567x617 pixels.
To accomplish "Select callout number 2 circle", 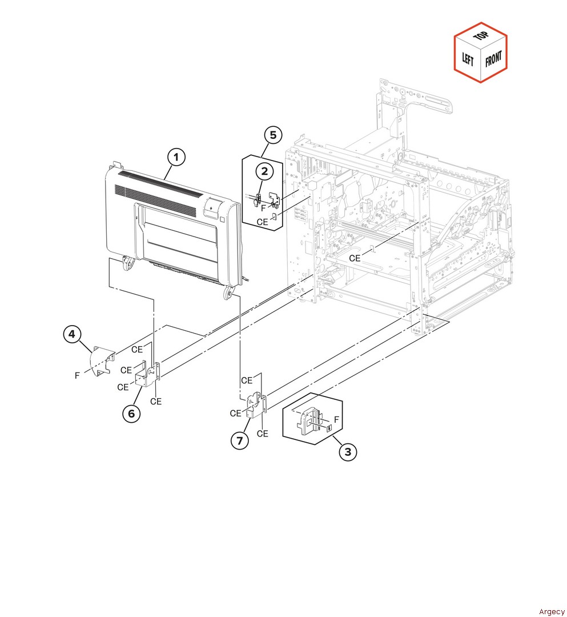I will pos(264,170).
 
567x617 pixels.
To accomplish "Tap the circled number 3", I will pos(348,452).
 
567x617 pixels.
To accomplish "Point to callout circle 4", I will pos(71,335).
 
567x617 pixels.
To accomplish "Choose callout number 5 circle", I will pos(273,135).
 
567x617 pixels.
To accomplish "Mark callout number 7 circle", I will pos(240,440).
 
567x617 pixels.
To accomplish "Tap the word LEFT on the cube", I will pos(468,59).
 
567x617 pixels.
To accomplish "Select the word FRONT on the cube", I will pos(493,59).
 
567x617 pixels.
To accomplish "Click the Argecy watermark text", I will pos(551,612).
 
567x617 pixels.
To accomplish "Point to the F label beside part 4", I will pos(77,375).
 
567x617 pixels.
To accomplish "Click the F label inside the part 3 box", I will pos(336,420).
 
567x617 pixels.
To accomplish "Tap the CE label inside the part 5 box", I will pos(262,222).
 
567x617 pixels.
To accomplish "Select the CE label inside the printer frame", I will pos(355,258).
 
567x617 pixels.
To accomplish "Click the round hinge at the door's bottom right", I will pos(229,294).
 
